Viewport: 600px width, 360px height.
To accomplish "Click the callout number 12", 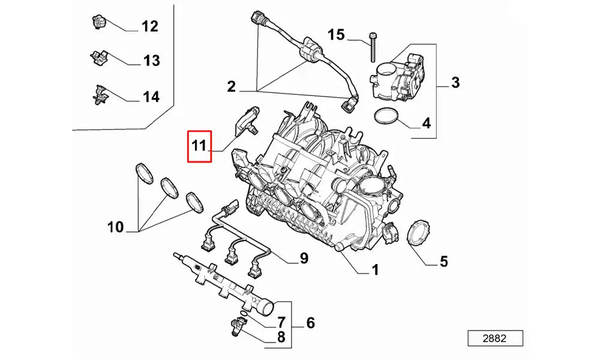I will click(149, 26).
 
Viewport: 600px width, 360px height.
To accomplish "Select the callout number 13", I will click(151, 61).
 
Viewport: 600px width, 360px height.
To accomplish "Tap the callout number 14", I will click(151, 96).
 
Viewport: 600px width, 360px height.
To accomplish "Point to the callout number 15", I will click(337, 35).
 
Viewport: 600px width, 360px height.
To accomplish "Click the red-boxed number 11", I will click(199, 146).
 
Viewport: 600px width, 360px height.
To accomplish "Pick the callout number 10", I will click(116, 227).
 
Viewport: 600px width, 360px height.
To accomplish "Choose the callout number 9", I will click(304, 259).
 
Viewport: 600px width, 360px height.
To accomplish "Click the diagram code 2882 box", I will click(494, 338).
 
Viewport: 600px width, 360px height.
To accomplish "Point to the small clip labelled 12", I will click(97, 22).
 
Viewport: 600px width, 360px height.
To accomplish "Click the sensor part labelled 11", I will click(248, 121).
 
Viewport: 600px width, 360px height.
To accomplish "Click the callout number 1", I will click(375, 271).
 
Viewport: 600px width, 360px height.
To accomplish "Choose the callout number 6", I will click(310, 323).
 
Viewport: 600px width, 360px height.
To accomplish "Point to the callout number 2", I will click(231, 88).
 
